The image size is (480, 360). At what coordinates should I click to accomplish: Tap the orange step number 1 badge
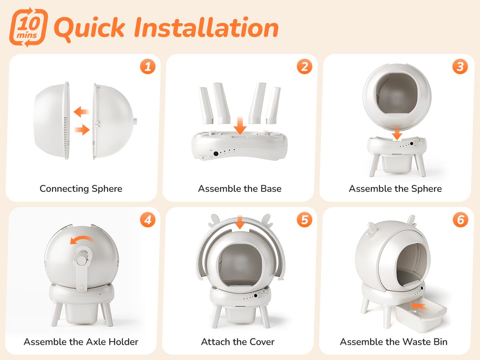point(148,67)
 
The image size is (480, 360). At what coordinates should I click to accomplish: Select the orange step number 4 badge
point(148,220)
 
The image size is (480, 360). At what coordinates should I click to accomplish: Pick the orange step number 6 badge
point(460,220)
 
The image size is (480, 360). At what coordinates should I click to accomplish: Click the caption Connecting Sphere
point(81,188)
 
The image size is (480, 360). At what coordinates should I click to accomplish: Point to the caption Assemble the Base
point(240,188)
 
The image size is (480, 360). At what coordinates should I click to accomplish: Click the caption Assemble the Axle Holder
point(81,342)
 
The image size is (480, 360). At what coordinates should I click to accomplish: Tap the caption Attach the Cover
point(238,342)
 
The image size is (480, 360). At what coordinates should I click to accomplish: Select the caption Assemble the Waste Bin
point(394,342)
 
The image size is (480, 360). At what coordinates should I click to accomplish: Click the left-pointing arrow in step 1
point(81,111)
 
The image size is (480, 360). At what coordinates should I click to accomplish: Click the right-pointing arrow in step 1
point(82,129)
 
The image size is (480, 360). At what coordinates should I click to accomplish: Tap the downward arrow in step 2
point(240,125)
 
